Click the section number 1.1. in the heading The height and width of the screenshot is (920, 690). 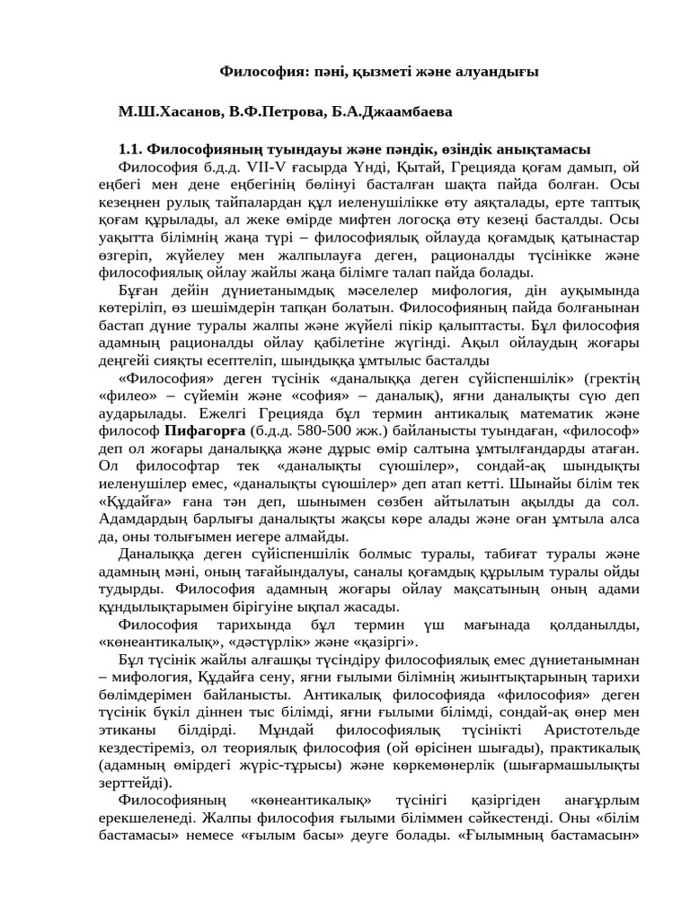point(131,149)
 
